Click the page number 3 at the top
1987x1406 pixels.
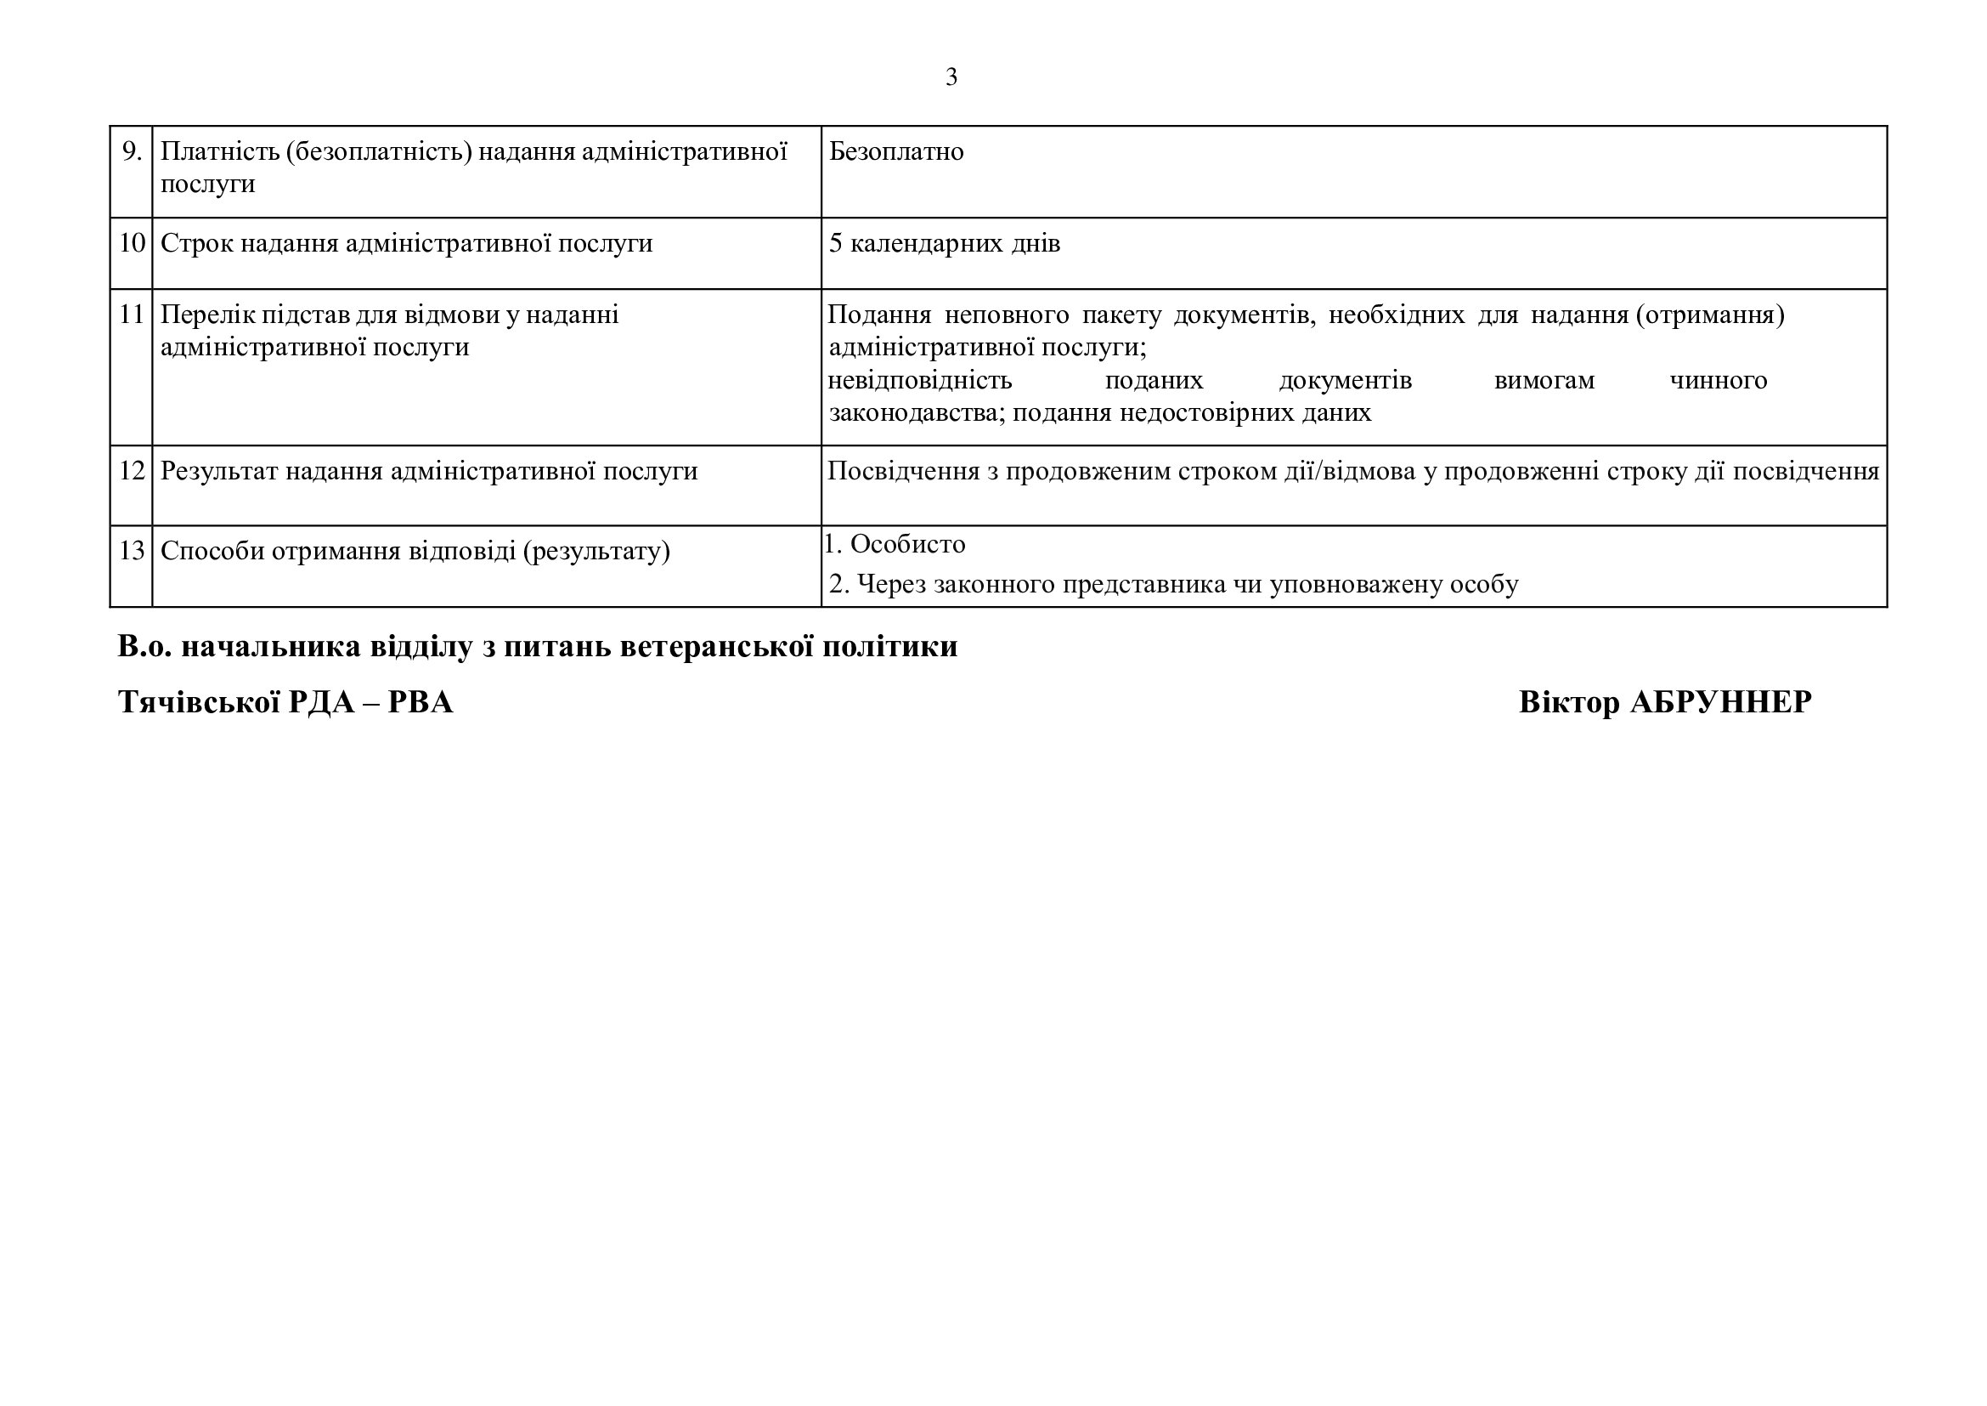coord(951,78)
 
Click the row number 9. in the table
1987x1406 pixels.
coord(132,151)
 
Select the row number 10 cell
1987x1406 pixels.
coord(132,243)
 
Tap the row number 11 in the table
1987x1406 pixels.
coord(132,315)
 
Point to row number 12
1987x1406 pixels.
coord(132,471)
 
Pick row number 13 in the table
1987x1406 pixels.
coord(132,551)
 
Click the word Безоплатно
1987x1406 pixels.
coord(895,151)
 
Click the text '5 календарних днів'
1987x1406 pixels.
coord(944,243)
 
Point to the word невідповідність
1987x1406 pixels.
coord(919,381)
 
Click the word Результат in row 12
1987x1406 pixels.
coord(219,471)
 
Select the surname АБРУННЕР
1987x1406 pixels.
coord(1720,702)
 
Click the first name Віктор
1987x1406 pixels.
coord(1568,702)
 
